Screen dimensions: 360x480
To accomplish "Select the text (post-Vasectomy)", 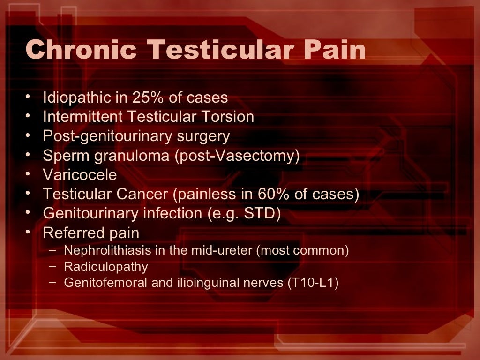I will click(x=237, y=156).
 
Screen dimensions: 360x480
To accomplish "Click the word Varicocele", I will click(x=80, y=175).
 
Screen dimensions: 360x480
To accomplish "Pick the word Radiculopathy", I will click(x=106, y=267).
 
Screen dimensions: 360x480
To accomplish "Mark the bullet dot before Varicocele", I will click(x=30, y=174).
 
